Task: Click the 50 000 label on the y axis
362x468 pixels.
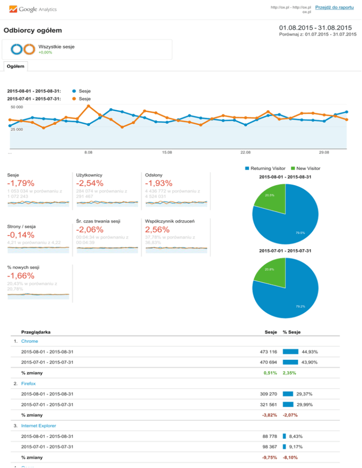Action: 16,107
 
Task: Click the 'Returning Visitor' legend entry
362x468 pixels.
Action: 268,168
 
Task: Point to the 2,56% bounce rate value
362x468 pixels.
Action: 159,229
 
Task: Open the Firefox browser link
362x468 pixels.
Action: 29,384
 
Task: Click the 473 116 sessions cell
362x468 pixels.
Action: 265,352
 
